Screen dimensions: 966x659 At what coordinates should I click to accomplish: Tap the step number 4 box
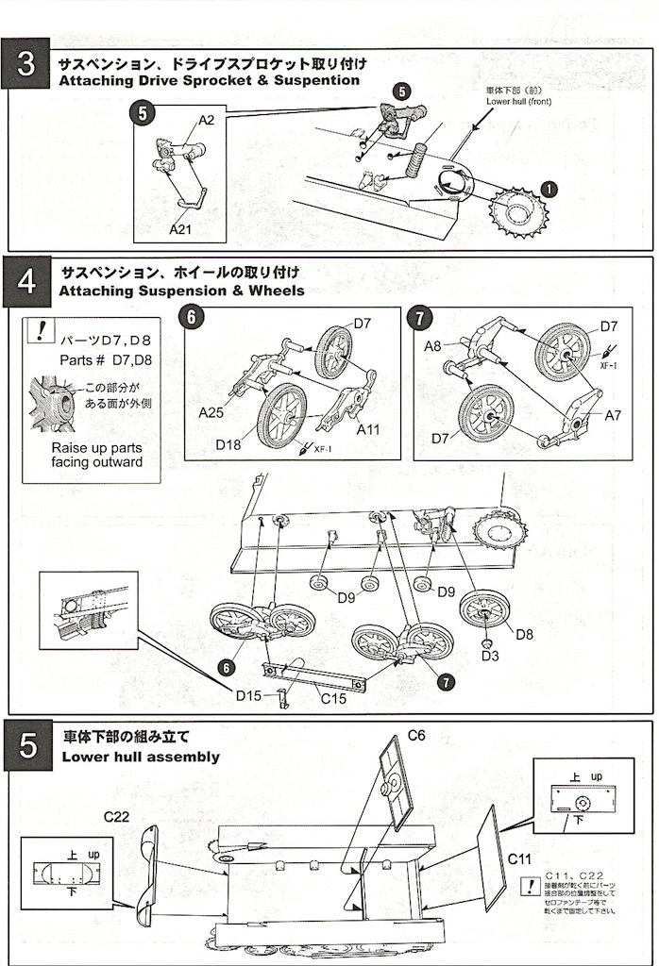[x=26, y=280]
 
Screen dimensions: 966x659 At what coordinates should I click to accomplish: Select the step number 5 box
[x=26, y=746]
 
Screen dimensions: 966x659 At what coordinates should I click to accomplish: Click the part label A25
[x=211, y=411]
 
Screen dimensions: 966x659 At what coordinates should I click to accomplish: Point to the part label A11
[x=369, y=429]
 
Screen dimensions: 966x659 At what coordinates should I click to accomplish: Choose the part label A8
[x=432, y=346]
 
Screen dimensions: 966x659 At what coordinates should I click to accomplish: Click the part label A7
[x=613, y=415]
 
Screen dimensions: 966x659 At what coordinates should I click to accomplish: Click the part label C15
[x=333, y=700]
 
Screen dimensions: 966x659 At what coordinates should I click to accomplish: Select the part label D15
[x=250, y=695]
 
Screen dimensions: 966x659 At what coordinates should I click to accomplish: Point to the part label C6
[x=418, y=734]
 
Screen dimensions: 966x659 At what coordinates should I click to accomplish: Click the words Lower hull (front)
[x=517, y=100]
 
